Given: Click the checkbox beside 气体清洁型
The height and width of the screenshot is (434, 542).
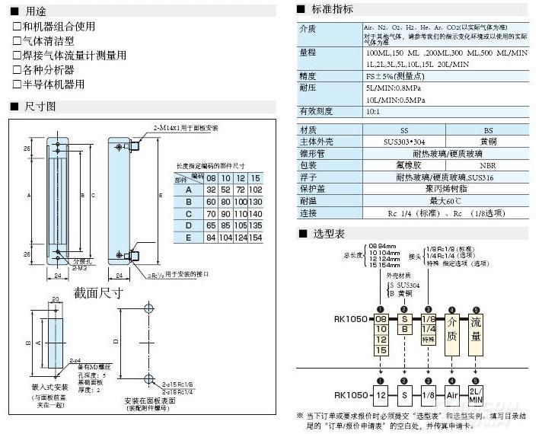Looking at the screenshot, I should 17,41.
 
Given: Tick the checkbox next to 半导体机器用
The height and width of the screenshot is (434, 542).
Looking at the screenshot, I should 17,85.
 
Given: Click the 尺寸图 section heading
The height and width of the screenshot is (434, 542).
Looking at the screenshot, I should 40,107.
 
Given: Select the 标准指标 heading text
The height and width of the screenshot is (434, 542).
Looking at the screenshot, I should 333,10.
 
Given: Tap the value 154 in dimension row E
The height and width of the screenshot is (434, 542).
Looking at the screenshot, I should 255,238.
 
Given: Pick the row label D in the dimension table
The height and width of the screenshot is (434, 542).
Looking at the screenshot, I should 187,225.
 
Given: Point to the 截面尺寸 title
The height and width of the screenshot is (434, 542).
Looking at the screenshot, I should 98,292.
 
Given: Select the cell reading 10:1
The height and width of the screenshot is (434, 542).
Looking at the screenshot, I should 373,111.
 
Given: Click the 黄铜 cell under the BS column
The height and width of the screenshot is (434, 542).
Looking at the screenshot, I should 489,142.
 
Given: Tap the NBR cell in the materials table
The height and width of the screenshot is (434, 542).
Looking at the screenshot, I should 489,164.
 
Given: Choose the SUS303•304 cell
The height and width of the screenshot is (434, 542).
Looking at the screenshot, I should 403,142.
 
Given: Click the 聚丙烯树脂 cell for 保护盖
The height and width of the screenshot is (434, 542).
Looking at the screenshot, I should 446,188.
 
